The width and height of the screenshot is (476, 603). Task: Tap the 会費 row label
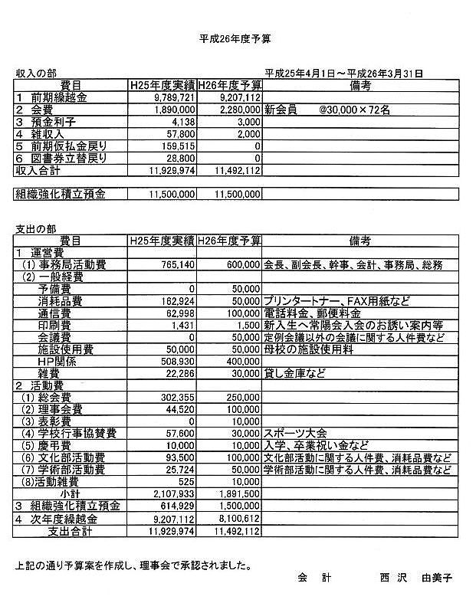tap(36, 110)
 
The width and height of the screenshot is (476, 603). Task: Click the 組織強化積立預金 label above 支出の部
tap(62, 195)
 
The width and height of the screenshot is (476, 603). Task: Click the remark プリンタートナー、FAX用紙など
tap(331, 301)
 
